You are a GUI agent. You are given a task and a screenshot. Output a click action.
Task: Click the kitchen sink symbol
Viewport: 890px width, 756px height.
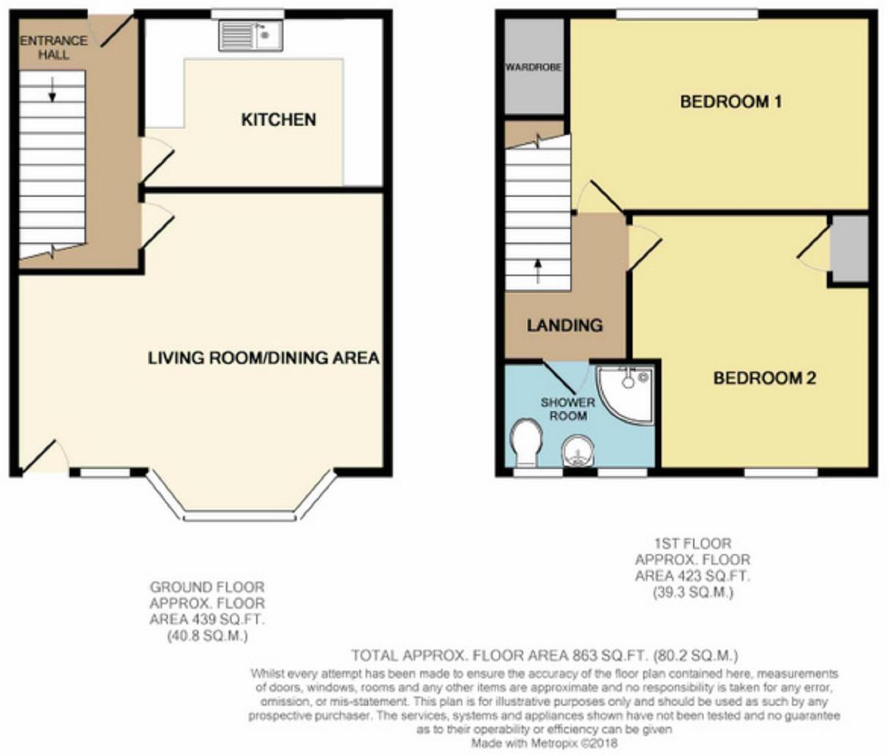(x=250, y=35)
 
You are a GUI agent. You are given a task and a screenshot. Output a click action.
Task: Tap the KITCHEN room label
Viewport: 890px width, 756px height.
(x=279, y=119)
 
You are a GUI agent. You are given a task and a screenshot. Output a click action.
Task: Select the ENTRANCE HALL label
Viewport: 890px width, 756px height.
(x=53, y=48)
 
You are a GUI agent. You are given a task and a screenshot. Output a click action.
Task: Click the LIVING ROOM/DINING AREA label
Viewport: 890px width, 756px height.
(x=263, y=358)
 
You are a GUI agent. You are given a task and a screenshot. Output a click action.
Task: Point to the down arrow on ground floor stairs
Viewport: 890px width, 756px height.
(x=53, y=89)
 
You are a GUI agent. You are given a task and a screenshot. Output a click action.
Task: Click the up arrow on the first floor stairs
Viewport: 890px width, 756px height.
(x=538, y=270)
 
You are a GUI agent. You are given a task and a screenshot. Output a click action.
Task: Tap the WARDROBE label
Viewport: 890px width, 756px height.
(x=534, y=67)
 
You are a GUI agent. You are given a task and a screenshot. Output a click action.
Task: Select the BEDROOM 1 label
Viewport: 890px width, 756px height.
(x=730, y=102)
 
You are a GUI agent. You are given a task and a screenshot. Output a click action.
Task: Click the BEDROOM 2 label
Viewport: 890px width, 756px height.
(x=764, y=378)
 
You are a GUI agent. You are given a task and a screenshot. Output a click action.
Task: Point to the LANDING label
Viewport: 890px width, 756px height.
(x=564, y=325)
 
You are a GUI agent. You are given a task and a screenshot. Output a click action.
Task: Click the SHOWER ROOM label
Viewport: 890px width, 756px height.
(x=568, y=409)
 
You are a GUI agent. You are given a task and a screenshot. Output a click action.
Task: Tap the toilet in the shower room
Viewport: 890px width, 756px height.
(x=526, y=442)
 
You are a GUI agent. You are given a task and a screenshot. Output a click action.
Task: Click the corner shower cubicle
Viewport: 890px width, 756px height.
(x=627, y=392)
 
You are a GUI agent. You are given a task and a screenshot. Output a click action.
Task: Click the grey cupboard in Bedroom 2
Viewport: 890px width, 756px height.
(x=849, y=248)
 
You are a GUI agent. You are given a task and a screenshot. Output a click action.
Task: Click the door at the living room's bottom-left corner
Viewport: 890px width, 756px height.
(x=40, y=457)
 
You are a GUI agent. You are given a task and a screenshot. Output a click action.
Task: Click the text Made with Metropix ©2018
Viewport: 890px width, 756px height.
(x=545, y=744)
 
